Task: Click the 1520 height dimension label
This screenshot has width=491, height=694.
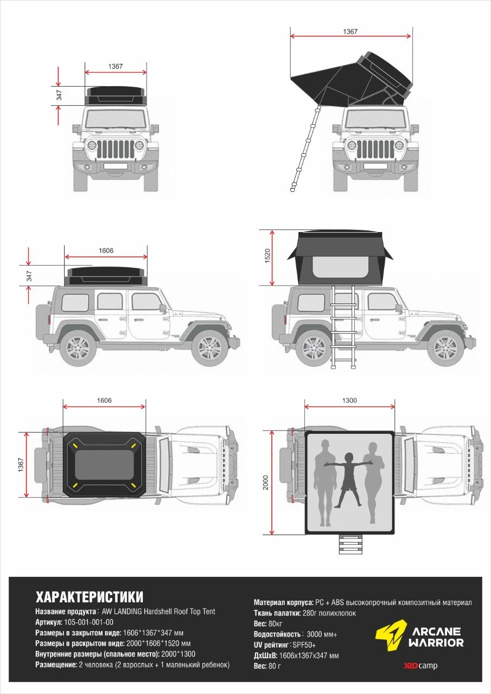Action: pos(268,256)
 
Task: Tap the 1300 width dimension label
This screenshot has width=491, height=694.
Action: pos(349,401)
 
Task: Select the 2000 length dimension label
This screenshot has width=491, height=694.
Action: pos(266,483)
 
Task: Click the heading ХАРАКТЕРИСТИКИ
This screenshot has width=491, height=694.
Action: pos(90,597)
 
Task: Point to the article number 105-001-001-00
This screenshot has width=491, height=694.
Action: pos(88,622)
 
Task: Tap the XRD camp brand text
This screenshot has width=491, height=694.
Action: pos(420,665)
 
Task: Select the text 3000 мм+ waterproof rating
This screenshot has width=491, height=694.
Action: pos(322,634)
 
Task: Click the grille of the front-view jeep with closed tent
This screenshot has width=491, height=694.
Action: pos(116,150)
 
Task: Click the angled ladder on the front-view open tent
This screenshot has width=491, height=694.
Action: pos(305,149)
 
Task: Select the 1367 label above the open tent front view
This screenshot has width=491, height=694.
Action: pos(350,31)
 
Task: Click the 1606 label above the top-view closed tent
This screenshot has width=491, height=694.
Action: pos(104,401)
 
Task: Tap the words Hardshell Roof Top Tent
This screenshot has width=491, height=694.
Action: pos(179,611)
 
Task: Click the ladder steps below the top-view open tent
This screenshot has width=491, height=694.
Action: pos(350,544)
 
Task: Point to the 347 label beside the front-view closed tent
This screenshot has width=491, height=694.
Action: pos(59,95)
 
